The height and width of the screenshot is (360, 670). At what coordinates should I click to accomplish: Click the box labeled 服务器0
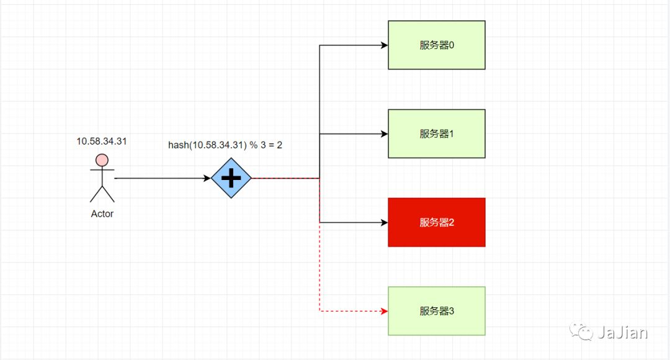436,45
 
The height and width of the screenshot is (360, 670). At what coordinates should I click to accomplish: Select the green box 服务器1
436,133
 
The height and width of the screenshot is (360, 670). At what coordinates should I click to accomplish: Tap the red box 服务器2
436,222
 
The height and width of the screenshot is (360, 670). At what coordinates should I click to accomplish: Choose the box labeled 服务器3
436,311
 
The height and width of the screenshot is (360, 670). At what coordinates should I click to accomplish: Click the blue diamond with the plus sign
231,179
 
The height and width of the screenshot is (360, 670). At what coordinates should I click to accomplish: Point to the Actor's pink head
102,161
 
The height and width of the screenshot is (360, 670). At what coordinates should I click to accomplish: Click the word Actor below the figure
102,214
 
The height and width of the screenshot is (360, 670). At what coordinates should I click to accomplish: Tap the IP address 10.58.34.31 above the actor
102,141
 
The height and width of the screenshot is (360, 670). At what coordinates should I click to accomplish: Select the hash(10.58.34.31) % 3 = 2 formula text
225,145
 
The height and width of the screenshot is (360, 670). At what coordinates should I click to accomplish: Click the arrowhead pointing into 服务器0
384,45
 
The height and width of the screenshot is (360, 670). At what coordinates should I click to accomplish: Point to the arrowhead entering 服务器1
384,133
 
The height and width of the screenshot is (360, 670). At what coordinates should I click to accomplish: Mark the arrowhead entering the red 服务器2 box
384,222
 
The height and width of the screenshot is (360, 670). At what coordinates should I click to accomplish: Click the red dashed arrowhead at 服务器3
384,311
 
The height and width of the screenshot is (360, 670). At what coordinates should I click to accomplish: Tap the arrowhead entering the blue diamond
207,179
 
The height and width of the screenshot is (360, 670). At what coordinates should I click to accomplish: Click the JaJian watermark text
622,333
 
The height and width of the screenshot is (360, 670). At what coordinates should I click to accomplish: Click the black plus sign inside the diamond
231,179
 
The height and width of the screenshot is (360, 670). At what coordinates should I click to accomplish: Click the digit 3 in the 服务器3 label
452,311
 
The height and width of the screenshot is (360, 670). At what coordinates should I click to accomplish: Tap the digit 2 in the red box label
452,222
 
